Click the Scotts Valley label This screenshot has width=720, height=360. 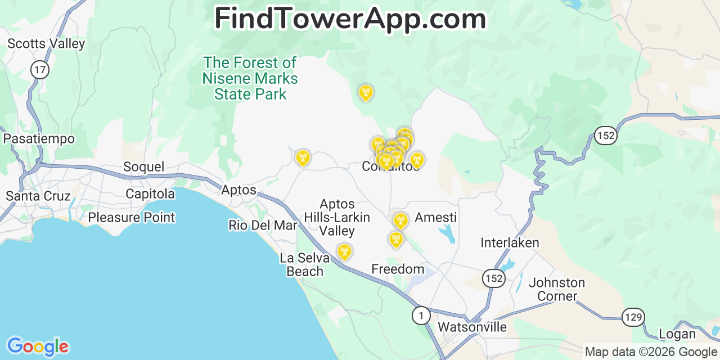[x=46, y=44]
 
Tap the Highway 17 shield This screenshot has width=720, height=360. [x=40, y=70]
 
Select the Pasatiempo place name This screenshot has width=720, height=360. [x=39, y=138]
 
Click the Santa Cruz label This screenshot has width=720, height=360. [x=38, y=196]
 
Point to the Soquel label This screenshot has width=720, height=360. [x=143, y=167]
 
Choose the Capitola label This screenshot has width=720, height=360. [x=150, y=194]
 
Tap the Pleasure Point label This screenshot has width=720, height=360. [x=132, y=217]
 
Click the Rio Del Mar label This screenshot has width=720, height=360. [x=262, y=226]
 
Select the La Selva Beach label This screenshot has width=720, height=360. [x=304, y=264]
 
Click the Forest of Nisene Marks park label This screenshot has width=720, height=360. [x=250, y=78]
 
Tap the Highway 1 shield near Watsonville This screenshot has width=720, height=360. [x=421, y=316]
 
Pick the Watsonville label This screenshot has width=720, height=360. [x=472, y=327]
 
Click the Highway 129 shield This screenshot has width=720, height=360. [x=633, y=317]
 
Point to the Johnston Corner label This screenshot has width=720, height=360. [x=557, y=289]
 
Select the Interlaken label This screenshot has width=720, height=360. [x=510, y=243]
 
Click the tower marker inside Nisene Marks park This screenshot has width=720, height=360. [x=366, y=92]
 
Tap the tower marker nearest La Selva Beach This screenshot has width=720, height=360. [x=344, y=251]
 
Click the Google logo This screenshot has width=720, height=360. [x=38, y=346]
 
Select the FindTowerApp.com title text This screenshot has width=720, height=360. [x=350, y=19]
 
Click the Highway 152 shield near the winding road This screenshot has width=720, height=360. [x=606, y=136]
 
